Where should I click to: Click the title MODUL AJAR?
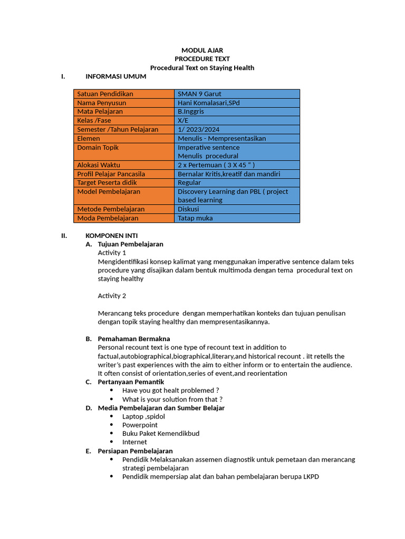click(202, 51)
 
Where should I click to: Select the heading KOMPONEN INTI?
click(111, 236)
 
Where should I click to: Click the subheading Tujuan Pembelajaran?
click(130, 244)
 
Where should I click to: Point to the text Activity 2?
click(112, 296)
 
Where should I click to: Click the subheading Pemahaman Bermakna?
click(134, 338)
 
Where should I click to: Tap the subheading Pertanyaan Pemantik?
click(131, 382)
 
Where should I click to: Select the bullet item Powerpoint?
click(140, 425)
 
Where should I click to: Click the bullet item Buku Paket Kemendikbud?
click(161, 434)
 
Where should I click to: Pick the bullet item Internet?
click(134, 442)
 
